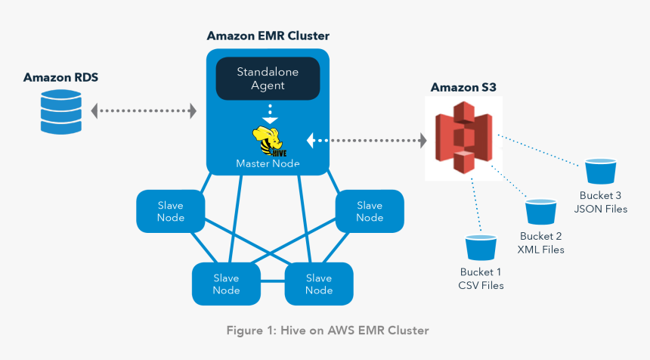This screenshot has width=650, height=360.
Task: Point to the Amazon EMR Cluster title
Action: [x=268, y=36]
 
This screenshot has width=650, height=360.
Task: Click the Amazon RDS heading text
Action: [x=60, y=77]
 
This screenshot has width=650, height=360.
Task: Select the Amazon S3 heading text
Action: [x=463, y=88]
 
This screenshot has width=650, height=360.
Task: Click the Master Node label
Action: [x=268, y=163]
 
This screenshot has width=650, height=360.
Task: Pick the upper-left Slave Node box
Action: [x=170, y=211]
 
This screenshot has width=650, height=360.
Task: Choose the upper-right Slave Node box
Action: [x=370, y=211]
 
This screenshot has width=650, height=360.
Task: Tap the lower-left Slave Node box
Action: [x=226, y=284]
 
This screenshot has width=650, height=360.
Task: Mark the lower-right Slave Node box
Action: [x=318, y=284]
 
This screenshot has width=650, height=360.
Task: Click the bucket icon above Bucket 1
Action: [x=481, y=247]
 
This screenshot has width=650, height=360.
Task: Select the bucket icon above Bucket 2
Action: [x=541, y=211]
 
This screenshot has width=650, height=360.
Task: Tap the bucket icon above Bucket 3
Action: [x=602, y=172]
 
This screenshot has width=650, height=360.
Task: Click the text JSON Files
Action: [x=602, y=209]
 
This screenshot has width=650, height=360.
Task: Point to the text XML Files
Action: [x=541, y=249]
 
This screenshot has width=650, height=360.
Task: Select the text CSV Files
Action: [x=481, y=285]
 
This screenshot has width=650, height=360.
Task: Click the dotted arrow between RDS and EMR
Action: [x=144, y=112]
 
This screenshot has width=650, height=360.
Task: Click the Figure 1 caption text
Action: [x=328, y=331]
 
